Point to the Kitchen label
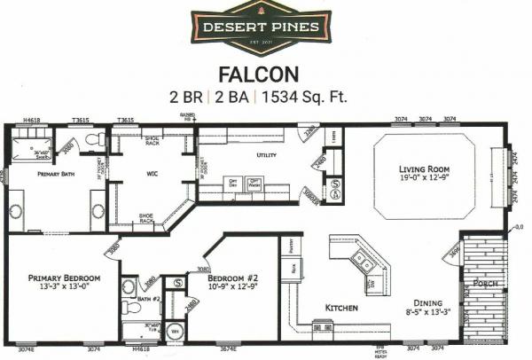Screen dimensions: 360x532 pos(340,308)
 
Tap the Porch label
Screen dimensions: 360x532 pos(485,284)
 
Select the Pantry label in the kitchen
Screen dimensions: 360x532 pos(287,241)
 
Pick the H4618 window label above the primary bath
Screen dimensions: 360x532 pos(32,119)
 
